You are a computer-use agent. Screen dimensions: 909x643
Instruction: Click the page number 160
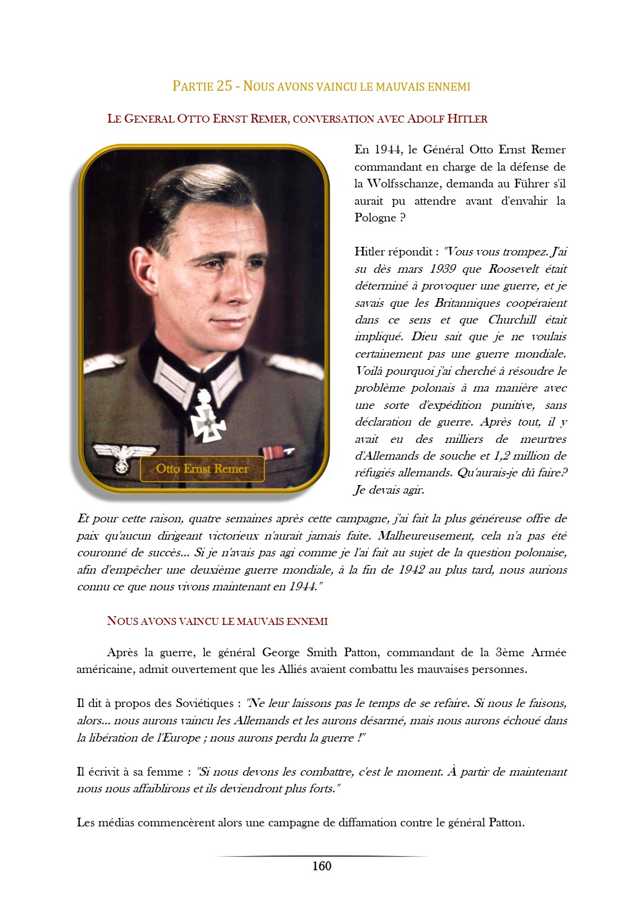point(321,866)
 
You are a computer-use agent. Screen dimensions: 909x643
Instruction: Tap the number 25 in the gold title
point(224,86)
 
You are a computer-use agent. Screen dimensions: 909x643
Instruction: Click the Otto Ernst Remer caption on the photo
point(202,468)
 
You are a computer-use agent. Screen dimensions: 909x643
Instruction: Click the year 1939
point(443,269)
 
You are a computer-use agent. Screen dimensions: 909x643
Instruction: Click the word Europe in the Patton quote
point(179,738)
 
